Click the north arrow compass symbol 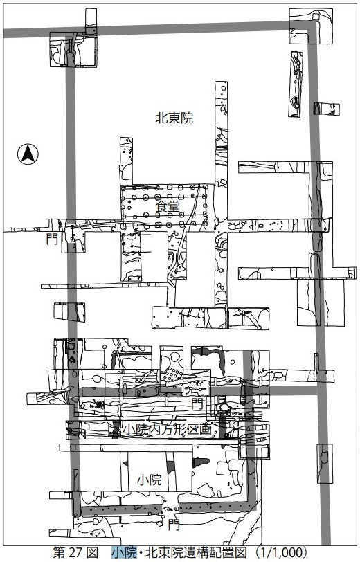coord(28,154)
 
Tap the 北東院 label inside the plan coord(174,118)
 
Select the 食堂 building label coord(167,206)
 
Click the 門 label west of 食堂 coord(52,239)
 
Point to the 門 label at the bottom coord(174,525)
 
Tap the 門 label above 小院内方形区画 coord(197,403)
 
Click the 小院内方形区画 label coord(167,429)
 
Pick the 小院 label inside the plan coord(149,480)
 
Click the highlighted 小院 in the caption coord(124,552)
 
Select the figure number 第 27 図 coord(75,552)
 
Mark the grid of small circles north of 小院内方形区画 coord(172,374)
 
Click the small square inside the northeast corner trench coord(316,17)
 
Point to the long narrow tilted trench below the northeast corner coord(296,84)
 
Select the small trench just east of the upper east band coord(327,109)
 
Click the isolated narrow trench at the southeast coord(325,464)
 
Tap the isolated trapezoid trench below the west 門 coord(69,312)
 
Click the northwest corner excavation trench coord(73,49)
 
